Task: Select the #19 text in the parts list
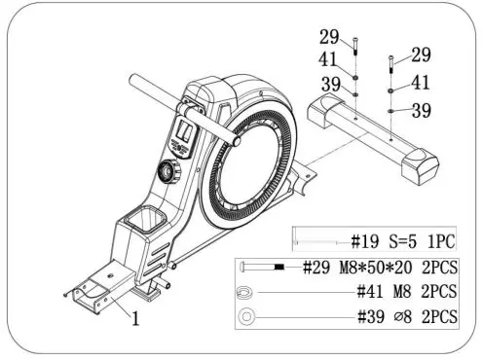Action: (x=366, y=240)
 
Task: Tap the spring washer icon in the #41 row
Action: (x=243, y=291)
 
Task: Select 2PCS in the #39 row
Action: (x=440, y=315)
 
